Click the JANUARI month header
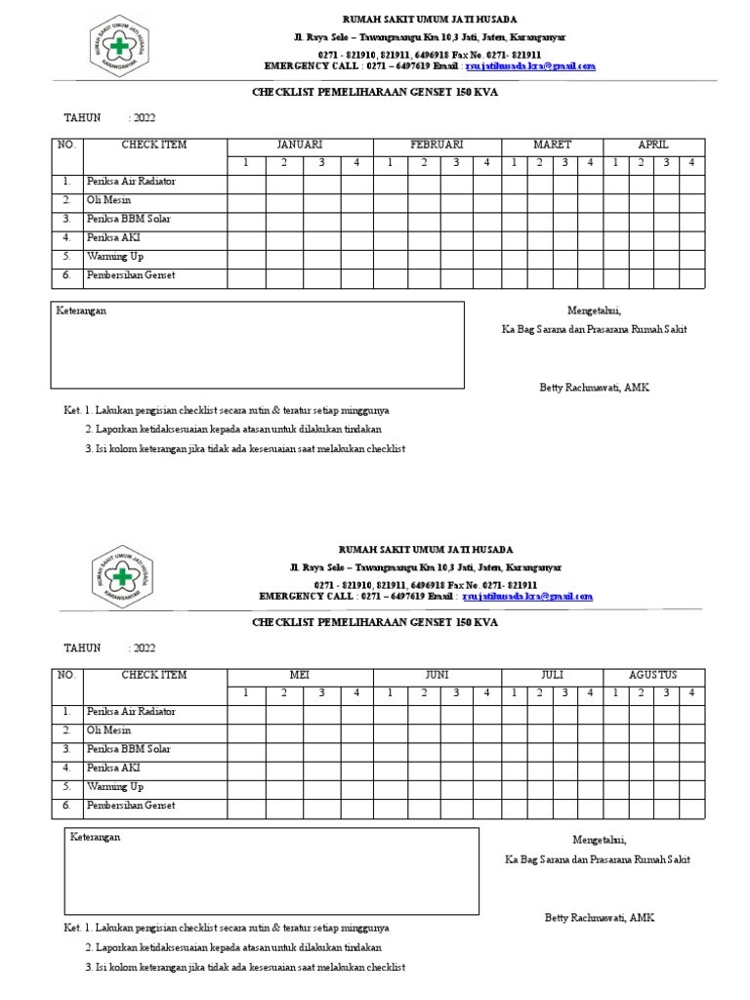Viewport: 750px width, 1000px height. (x=299, y=145)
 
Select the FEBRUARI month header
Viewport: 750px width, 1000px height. (x=437, y=145)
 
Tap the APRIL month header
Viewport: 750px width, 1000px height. (x=653, y=145)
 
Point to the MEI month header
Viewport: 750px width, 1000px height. (x=299, y=675)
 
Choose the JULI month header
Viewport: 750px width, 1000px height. (x=552, y=675)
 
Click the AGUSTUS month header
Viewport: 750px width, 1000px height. (x=653, y=675)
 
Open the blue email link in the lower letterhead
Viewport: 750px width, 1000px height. (x=527, y=596)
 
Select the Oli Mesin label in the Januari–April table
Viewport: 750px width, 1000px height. (x=108, y=200)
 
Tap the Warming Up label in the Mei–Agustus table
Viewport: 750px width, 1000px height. (x=115, y=786)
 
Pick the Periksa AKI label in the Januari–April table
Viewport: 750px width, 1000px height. (x=113, y=237)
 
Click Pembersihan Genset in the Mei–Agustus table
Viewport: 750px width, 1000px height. (x=130, y=806)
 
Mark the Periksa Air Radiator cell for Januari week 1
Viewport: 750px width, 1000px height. (x=246, y=182)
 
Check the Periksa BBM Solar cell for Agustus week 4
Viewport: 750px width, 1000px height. (x=691, y=749)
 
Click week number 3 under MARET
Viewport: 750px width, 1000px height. (x=563, y=162)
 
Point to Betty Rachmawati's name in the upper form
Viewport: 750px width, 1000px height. (x=594, y=388)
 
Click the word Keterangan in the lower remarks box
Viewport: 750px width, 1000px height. (x=96, y=837)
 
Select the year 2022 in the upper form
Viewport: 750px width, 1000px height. (x=143, y=118)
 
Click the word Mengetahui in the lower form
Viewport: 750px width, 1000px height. (x=599, y=840)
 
